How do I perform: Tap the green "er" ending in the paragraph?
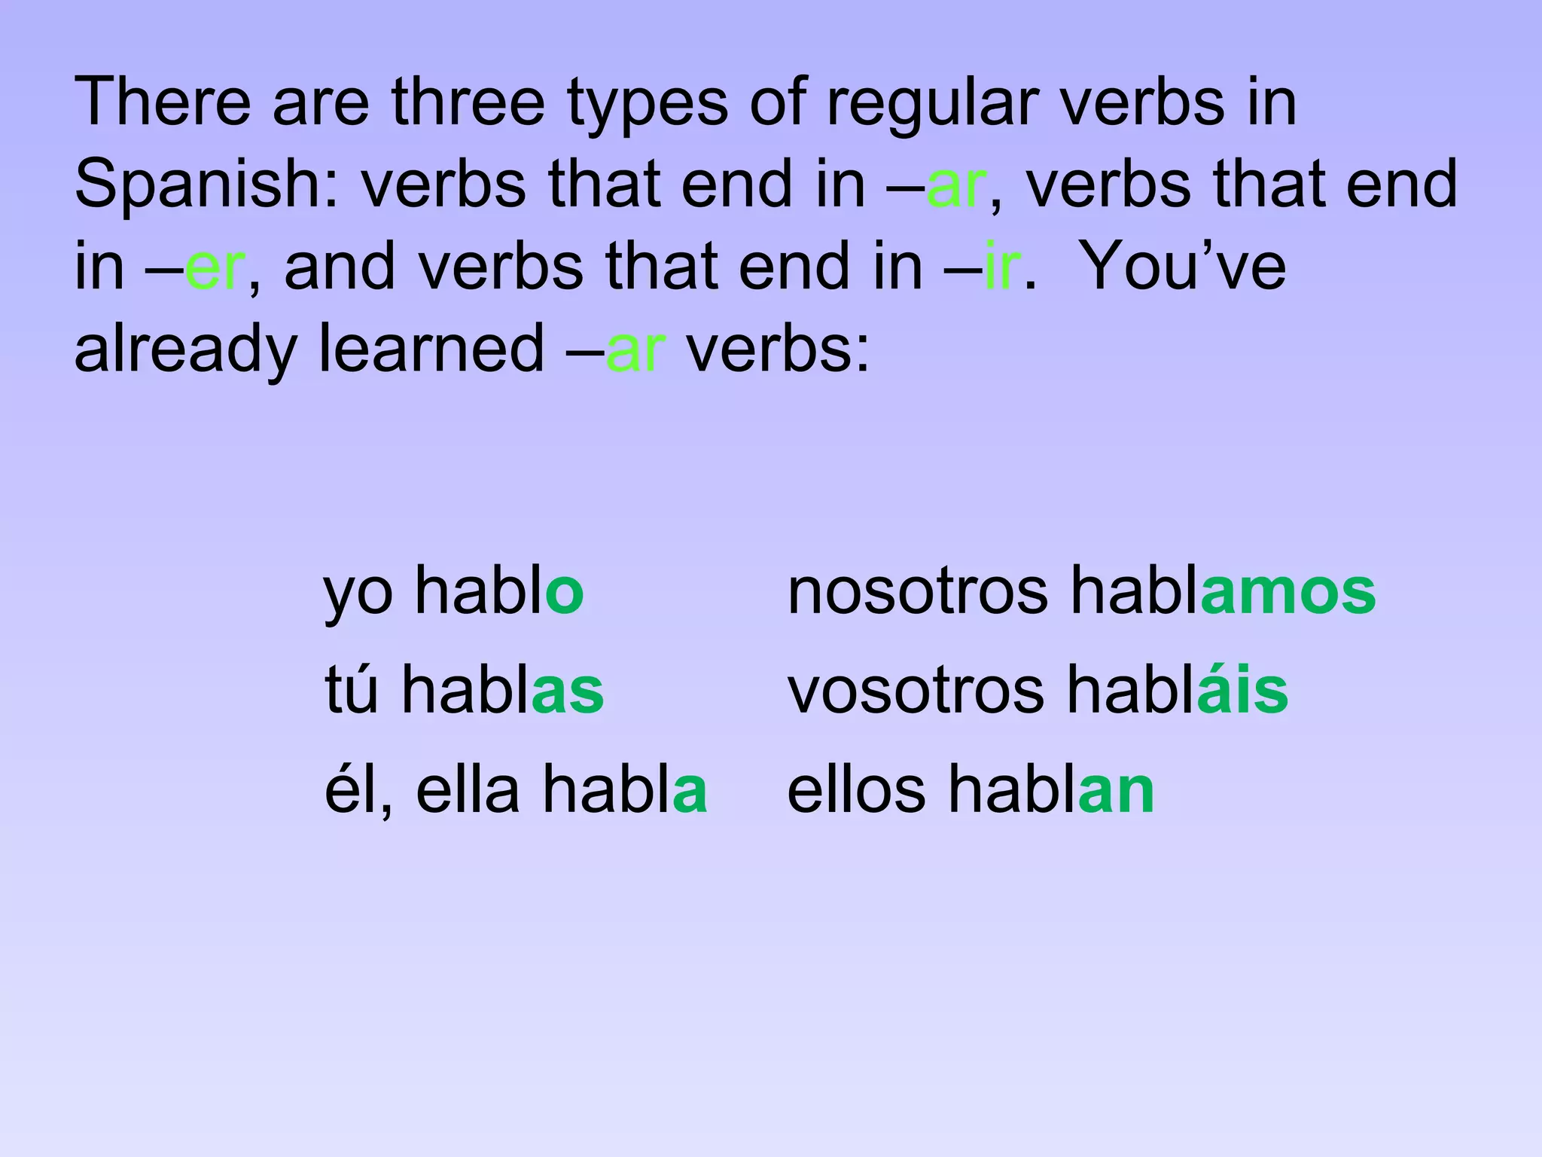[x=214, y=267]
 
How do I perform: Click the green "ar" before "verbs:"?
[x=635, y=349]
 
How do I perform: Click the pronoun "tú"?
[x=351, y=689]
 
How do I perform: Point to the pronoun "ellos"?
[x=856, y=790]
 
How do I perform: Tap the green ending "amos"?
[x=1288, y=592]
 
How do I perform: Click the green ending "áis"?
[x=1242, y=689]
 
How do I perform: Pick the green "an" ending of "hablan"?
[x=1116, y=791]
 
